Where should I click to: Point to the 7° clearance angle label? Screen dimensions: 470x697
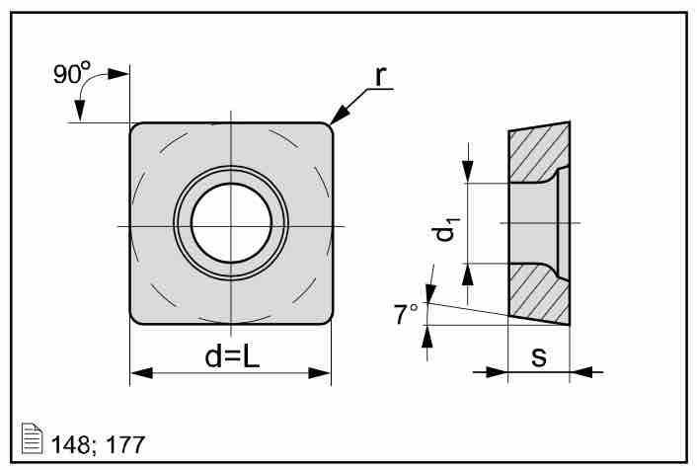(406, 315)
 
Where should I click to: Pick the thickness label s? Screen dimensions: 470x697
(539, 356)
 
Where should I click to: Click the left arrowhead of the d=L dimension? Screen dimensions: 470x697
(141, 373)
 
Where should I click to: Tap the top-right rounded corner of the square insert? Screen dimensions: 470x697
(325, 128)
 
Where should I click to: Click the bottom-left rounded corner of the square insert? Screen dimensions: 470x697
(136, 318)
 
